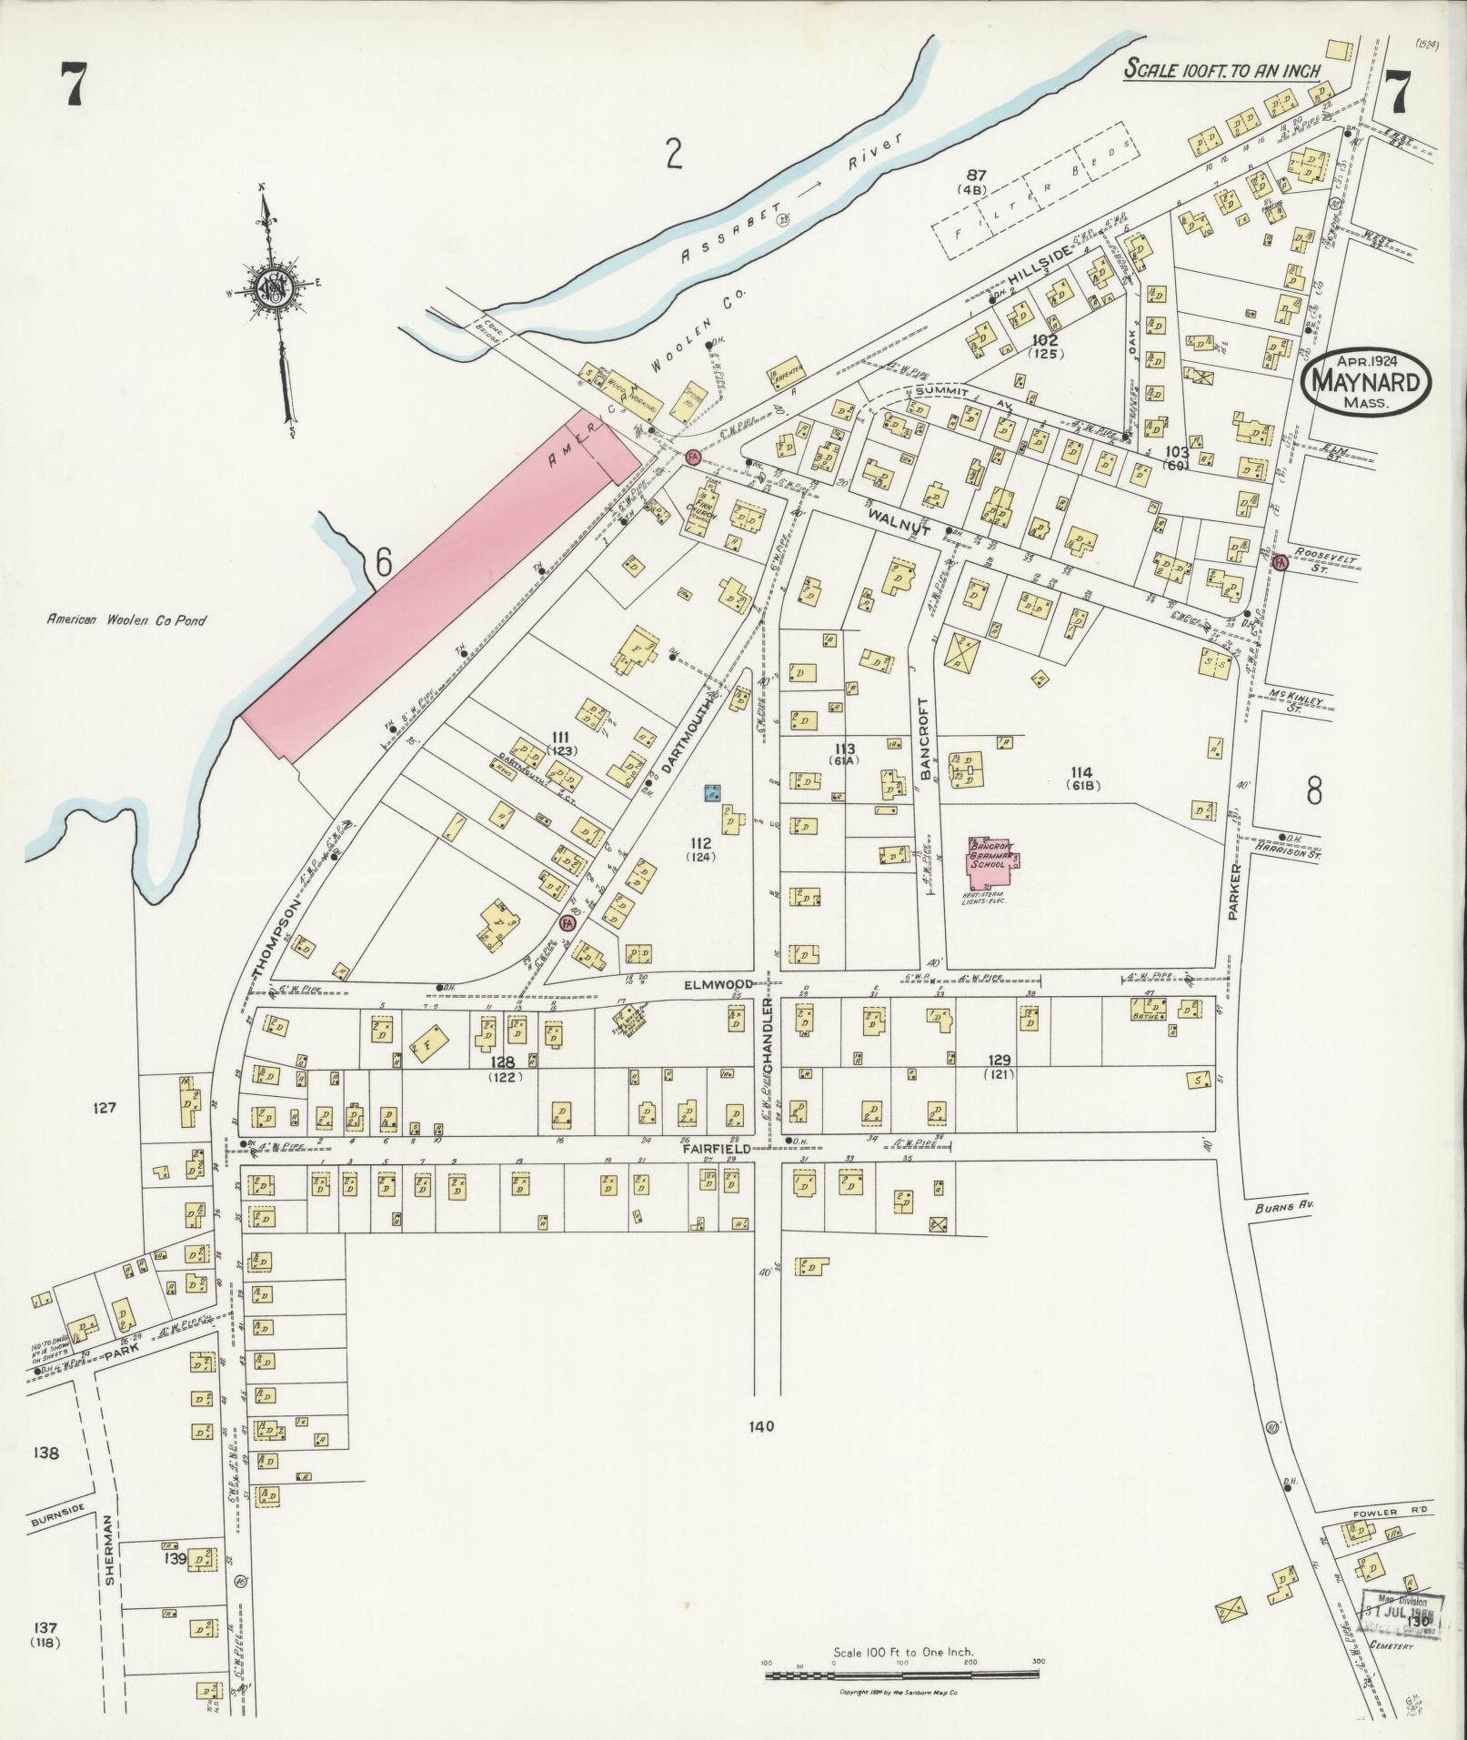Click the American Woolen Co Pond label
127,620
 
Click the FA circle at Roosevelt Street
1281,563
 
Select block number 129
1000,1060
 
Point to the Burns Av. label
1283,1207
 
